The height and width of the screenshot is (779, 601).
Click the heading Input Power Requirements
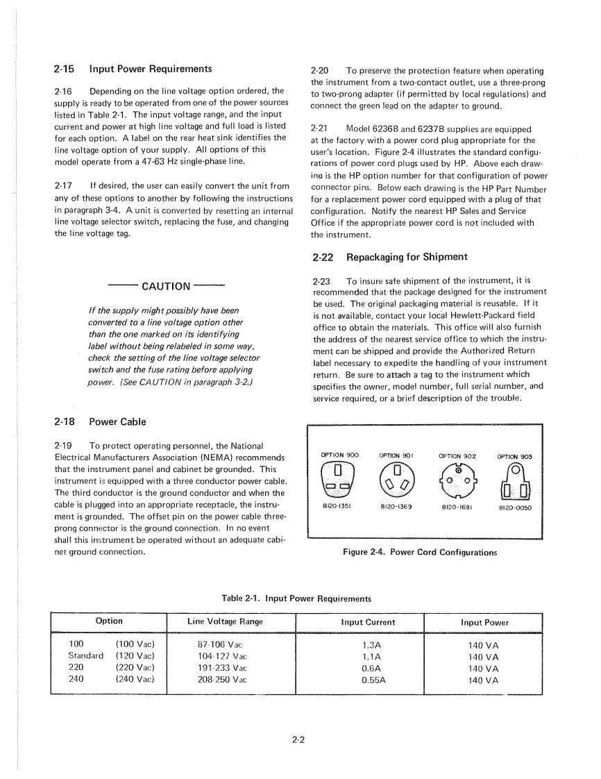151,69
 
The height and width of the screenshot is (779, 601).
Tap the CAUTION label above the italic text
166,286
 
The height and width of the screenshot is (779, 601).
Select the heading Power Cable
117,421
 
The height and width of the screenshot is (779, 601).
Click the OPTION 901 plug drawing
397,479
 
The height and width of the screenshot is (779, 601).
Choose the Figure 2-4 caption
420,553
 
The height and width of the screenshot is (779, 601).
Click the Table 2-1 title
296,598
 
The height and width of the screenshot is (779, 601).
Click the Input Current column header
368,622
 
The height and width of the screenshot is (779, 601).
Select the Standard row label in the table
85,656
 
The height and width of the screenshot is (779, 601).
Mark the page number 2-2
299,739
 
